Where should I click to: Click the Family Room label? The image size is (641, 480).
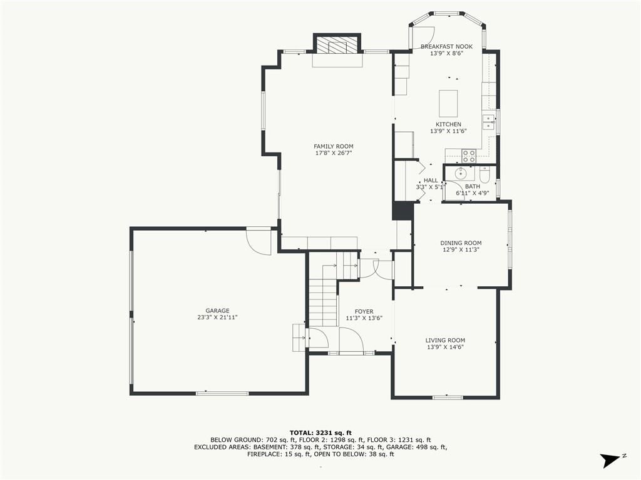click(334, 146)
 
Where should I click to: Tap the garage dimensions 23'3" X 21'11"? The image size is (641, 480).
click(217, 317)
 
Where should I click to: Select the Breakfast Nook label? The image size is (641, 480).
click(446, 46)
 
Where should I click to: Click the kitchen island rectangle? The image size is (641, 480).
click(448, 104)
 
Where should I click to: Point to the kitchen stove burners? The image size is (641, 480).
click(469, 154)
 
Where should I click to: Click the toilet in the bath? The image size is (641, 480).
click(485, 176)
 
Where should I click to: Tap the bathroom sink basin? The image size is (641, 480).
click(461, 174)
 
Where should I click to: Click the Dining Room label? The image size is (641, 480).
click(461, 243)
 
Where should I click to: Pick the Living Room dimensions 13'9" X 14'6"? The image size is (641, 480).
click(445, 347)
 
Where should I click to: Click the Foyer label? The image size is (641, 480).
click(364, 311)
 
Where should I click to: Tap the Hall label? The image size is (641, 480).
click(431, 181)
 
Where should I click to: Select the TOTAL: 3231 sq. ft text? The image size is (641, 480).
click(320, 432)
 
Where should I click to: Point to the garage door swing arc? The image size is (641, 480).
click(259, 243)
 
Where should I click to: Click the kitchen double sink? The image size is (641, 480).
click(488, 122)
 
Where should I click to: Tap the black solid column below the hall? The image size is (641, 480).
click(403, 211)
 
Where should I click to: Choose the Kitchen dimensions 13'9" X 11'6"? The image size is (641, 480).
click(448, 131)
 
